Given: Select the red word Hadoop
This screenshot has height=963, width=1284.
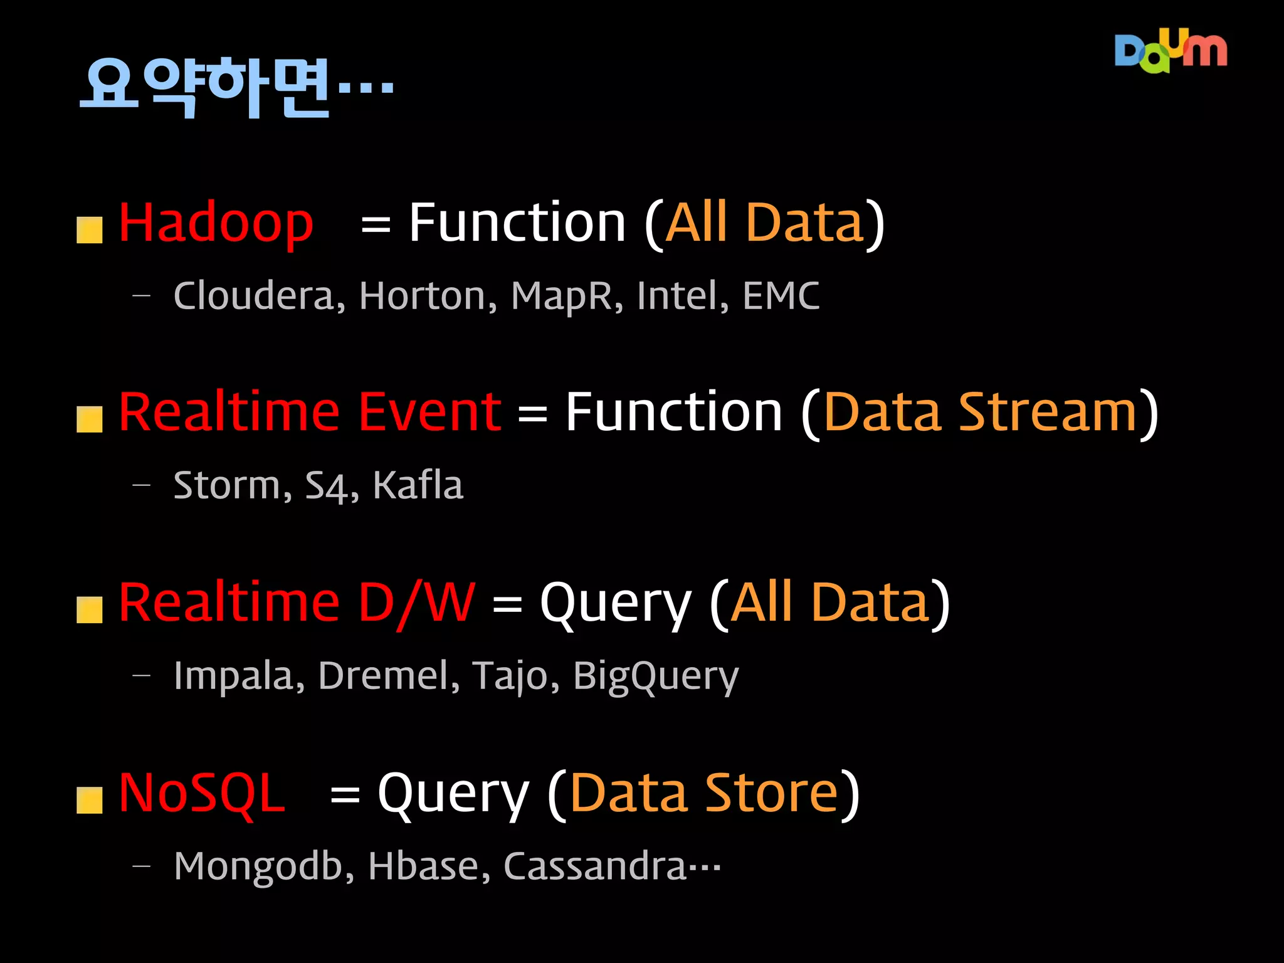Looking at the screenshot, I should click(x=216, y=223).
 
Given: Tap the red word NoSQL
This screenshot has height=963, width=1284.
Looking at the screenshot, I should click(x=202, y=794).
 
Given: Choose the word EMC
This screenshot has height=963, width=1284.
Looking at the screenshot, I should click(x=781, y=296).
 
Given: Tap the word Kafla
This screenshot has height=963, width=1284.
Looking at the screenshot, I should click(x=418, y=485).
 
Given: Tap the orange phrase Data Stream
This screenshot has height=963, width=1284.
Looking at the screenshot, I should click(x=980, y=413).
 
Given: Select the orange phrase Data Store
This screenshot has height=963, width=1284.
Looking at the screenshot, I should click(x=703, y=794).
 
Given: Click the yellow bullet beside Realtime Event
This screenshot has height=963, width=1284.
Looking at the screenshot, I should click(x=90, y=419).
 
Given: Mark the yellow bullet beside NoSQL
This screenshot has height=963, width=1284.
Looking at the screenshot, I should click(x=90, y=801).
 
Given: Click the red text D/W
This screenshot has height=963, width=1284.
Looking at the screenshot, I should click(x=416, y=603).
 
